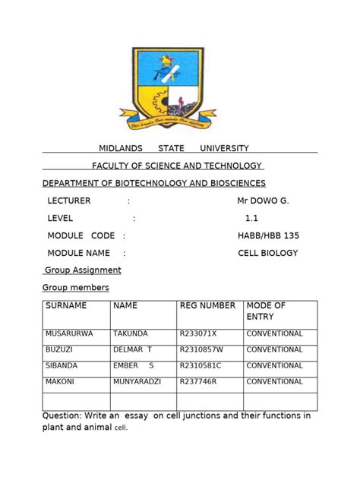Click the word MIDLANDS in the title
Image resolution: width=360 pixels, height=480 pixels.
point(122,148)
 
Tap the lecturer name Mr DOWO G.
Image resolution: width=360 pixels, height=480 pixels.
point(264,201)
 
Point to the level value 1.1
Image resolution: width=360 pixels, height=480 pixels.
point(251,218)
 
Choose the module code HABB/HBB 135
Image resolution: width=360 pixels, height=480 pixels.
point(267,235)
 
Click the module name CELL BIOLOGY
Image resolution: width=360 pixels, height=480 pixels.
point(268,253)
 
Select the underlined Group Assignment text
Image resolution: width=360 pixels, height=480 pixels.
point(83,270)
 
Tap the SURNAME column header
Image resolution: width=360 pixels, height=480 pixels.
point(66,305)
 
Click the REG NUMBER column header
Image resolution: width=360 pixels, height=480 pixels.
point(207,305)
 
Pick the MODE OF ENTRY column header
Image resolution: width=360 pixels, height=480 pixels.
point(266,311)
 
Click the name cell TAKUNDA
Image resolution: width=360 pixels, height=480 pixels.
point(131,333)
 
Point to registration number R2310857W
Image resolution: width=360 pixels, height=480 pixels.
point(202,349)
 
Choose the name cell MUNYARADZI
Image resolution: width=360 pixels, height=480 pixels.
point(138,382)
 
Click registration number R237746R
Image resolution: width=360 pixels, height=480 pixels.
point(198,382)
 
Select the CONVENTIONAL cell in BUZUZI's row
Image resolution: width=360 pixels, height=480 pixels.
point(274,349)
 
